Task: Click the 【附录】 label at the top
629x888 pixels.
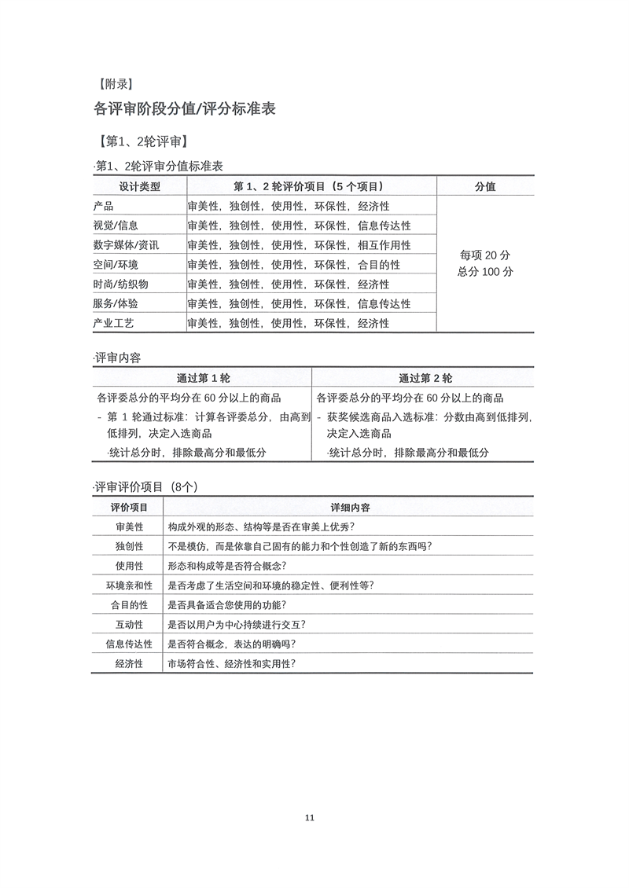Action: coord(112,84)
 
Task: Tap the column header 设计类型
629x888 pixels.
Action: coord(139,186)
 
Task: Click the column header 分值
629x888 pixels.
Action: coord(485,186)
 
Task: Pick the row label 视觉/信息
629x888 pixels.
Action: coord(116,226)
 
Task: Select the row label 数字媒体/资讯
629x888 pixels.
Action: coord(126,245)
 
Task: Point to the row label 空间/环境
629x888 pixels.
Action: coord(116,265)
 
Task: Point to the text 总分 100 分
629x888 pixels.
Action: coord(485,272)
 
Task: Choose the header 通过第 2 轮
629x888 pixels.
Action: coord(425,377)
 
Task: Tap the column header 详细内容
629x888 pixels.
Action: coord(350,508)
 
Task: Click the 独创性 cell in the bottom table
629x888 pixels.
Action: coord(129,546)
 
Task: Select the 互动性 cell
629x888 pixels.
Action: coord(129,625)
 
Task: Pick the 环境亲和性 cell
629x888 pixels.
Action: coord(129,585)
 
